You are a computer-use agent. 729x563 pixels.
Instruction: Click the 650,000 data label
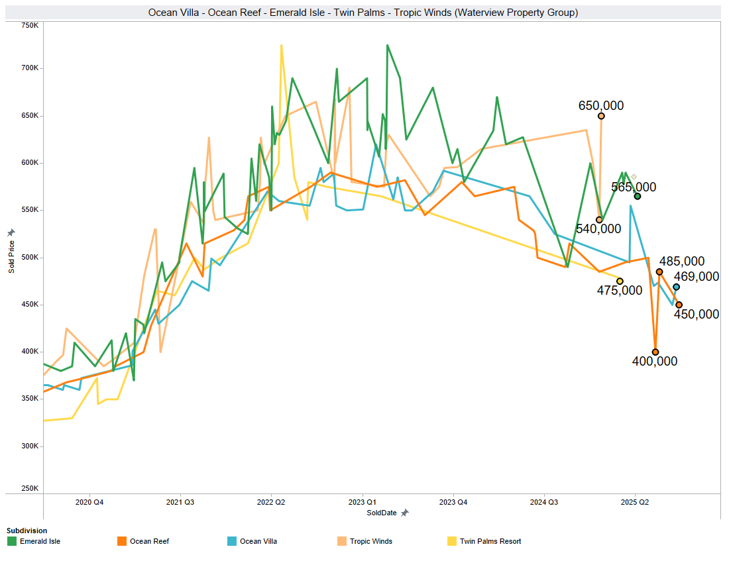tap(600, 105)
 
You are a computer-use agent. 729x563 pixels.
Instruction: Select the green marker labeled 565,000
tap(638, 196)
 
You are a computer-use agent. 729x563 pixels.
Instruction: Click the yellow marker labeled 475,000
tap(620, 281)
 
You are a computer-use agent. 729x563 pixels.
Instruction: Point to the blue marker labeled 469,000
tap(676, 287)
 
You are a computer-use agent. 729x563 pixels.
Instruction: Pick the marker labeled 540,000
tap(599, 220)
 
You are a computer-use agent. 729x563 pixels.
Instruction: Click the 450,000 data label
tap(696, 314)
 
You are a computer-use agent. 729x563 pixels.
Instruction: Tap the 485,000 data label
tap(681, 262)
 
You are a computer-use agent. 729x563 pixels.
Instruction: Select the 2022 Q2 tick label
tap(272, 502)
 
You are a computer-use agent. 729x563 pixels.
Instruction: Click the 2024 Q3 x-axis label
tap(544, 502)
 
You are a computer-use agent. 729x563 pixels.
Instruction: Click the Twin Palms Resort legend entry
tap(490, 541)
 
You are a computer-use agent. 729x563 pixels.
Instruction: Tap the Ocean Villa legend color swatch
tap(232, 541)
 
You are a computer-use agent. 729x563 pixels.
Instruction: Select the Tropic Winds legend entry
tap(370, 541)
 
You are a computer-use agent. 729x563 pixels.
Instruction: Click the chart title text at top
tap(363, 13)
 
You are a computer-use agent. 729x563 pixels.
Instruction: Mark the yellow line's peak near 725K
tap(282, 46)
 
